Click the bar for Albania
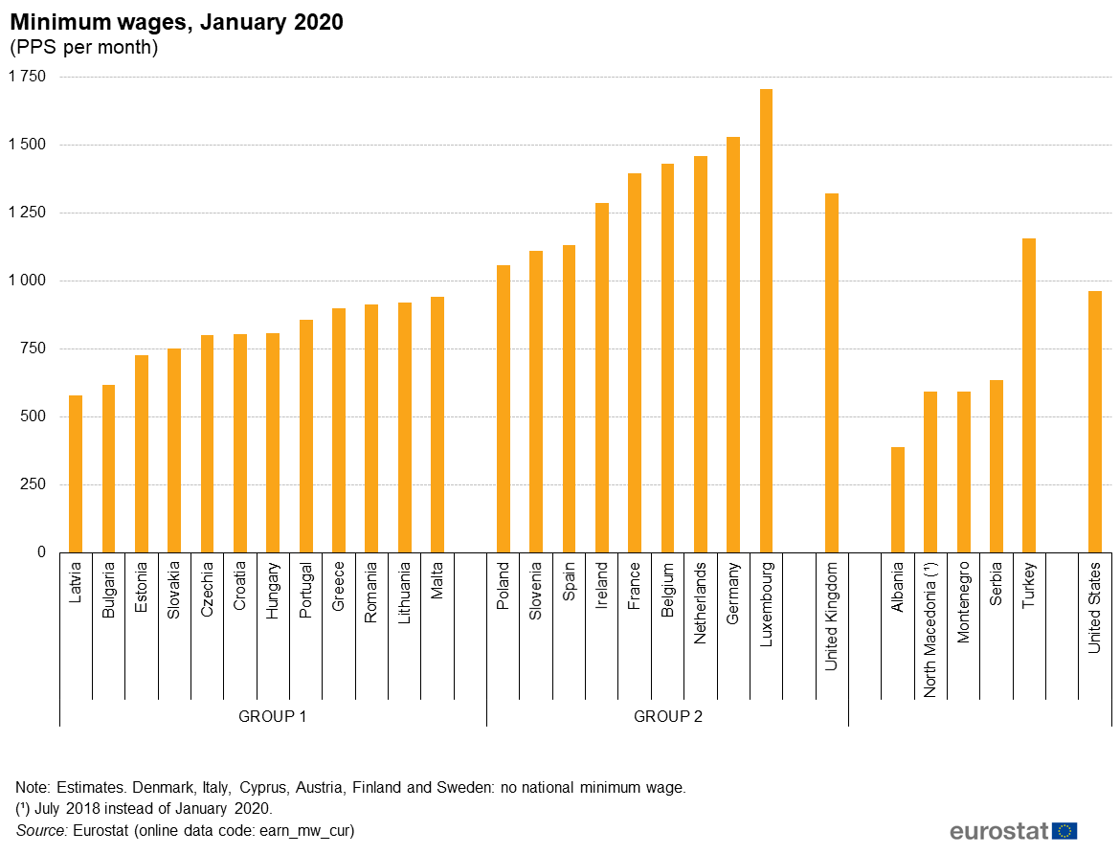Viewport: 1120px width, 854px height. coord(897,500)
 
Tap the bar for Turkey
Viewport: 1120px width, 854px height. coord(1029,395)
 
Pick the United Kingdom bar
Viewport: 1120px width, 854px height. coord(832,372)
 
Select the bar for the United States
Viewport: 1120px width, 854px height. coord(1095,421)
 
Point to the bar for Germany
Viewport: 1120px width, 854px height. coord(733,345)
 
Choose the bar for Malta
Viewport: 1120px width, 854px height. coord(437,424)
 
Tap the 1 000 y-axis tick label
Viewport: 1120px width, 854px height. coord(27,281)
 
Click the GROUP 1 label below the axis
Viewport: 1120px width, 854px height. coord(273,716)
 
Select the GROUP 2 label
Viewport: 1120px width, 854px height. coord(668,716)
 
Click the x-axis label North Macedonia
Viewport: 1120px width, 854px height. coord(930,629)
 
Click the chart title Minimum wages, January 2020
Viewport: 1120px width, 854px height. coord(176,23)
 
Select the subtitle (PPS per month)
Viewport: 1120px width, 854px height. coord(83,47)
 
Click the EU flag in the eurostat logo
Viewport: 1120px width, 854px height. coord(1064,830)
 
